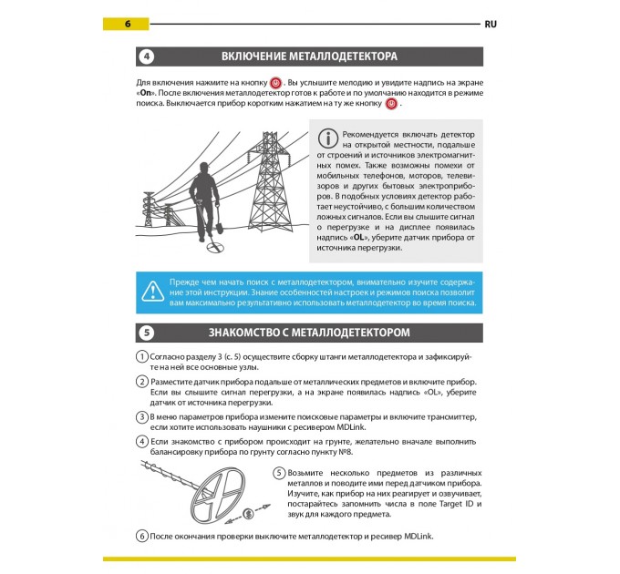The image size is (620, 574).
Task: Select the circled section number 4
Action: coord(147,56)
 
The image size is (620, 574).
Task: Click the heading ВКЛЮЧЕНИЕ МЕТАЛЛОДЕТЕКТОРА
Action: coord(309,56)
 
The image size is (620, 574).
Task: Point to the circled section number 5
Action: coord(147,333)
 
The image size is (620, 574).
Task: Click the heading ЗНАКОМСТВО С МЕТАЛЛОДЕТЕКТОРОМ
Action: coord(309,333)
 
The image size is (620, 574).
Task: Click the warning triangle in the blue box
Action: coord(151,291)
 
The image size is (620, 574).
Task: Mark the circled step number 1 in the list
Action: coord(142,356)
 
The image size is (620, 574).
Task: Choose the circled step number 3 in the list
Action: coord(142,416)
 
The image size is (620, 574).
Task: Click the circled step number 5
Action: coord(280,473)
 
